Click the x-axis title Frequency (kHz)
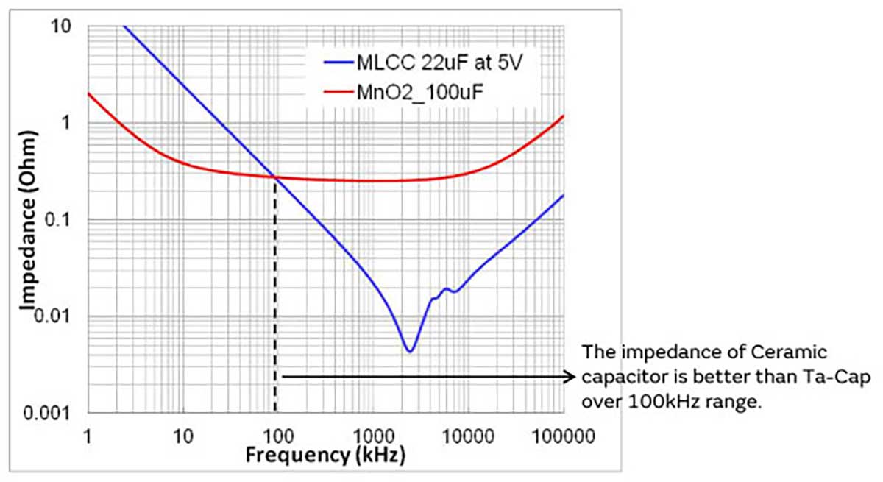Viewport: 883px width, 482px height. tap(325, 456)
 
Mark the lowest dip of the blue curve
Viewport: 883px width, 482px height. tap(410, 351)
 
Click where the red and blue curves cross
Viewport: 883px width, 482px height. tap(275, 177)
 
